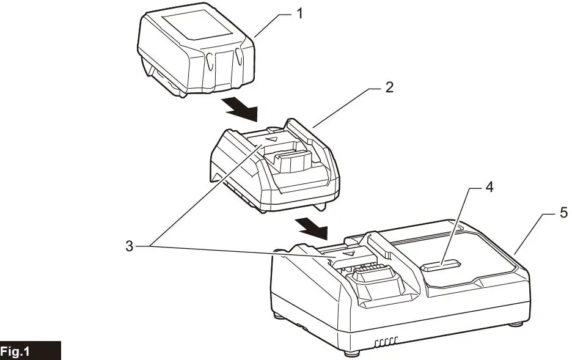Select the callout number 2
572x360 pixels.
[x=389, y=87]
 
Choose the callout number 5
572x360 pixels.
[x=564, y=213]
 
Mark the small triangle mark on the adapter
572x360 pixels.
[x=273, y=139]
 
